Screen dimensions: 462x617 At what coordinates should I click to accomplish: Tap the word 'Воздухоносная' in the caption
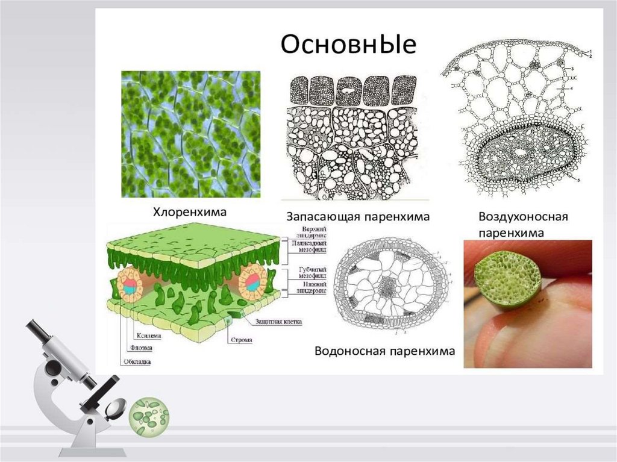pos(523,216)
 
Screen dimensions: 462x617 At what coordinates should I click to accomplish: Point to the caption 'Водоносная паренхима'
pos(384,351)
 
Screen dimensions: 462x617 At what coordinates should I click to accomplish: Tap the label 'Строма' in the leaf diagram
pos(241,340)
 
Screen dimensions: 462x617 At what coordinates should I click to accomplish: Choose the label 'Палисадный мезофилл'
pos(312,243)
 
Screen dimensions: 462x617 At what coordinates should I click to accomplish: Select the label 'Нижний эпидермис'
pos(313,287)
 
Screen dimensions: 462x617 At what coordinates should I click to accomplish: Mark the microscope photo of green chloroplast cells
pos(191,134)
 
